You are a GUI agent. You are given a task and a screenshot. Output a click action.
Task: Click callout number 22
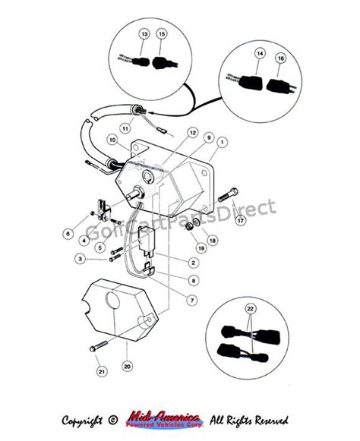[251, 310]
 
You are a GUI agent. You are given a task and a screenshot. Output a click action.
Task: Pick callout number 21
[101, 370]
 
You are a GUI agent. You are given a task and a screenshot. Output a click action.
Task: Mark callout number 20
[128, 366]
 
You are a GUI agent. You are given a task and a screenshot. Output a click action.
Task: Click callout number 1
[223, 141]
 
